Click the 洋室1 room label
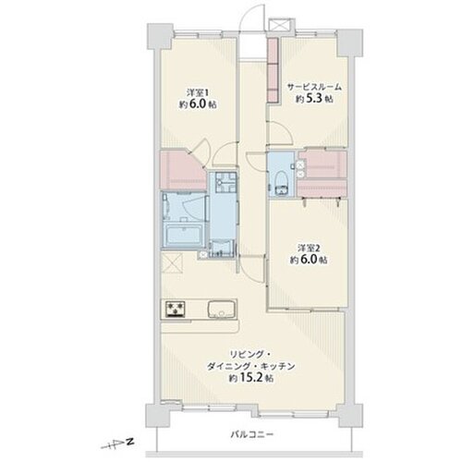198,92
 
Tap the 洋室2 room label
310,248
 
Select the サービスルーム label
314,87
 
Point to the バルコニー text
252,434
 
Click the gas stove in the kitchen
176,309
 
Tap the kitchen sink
222,309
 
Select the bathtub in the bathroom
183,234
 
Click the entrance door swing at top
253,17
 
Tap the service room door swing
280,131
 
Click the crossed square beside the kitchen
172,262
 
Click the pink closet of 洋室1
182,170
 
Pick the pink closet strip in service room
274,69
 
